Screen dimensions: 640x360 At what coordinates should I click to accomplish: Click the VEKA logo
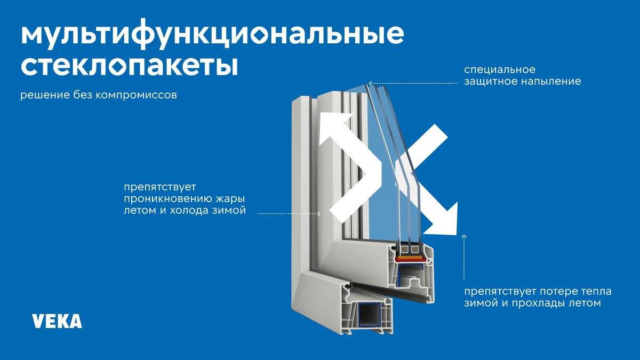(x=57, y=321)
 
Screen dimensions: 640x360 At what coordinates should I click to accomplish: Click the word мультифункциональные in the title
(x=212, y=34)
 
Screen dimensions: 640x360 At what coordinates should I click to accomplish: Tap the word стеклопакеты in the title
(x=129, y=65)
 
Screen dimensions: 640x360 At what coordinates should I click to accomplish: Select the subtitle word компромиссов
(x=136, y=95)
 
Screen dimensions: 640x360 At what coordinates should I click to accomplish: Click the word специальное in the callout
(x=500, y=70)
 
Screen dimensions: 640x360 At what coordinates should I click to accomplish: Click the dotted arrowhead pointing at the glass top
(x=370, y=83)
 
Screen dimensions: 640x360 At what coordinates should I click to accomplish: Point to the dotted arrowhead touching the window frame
(x=318, y=213)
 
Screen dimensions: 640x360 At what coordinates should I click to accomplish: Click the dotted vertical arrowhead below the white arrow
(x=464, y=237)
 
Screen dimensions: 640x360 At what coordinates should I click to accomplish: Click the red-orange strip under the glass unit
(x=411, y=259)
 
